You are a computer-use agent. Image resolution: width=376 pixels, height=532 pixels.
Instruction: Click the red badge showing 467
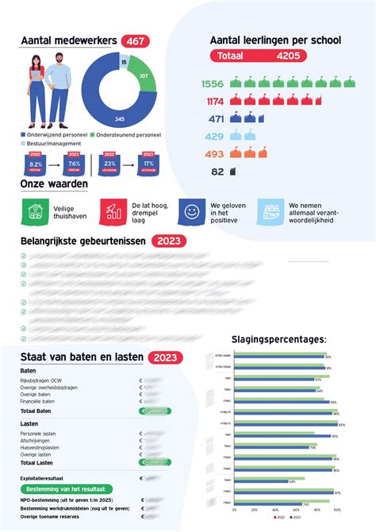click(x=136, y=41)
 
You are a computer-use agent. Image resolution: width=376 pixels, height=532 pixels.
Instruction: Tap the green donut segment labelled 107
click(x=144, y=78)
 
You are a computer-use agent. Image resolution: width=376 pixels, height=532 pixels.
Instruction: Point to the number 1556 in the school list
click(x=213, y=83)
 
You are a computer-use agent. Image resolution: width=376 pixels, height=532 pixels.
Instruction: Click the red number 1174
click(x=215, y=101)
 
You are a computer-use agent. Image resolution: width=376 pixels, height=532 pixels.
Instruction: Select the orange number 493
click(x=215, y=154)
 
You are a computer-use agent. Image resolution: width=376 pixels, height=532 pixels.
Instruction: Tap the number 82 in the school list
click(x=217, y=172)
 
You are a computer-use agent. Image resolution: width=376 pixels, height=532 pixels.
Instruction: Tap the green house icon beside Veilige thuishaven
click(x=34, y=210)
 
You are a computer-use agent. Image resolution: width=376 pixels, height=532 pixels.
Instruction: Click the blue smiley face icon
click(x=191, y=210)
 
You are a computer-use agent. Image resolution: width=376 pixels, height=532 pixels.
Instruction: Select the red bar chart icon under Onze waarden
click(x=113, y=210)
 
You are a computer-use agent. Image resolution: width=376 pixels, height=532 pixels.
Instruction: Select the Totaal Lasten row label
click(x=37, y=462)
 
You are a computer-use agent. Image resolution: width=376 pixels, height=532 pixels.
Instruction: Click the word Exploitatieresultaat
click(x=42, y=478)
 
